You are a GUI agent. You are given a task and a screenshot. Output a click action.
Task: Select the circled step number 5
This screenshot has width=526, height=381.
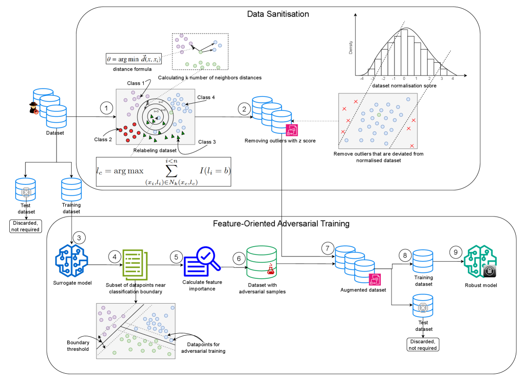click(176, 256)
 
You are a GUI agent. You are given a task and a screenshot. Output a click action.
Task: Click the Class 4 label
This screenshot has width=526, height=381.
click(207, 98)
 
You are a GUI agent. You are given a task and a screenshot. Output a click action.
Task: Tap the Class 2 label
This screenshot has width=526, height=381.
click(103, 140)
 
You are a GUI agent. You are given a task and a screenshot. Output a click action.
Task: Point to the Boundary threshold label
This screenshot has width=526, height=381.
click(78, 345)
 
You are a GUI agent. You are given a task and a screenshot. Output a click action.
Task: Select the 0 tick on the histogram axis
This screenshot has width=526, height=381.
click(404, 78)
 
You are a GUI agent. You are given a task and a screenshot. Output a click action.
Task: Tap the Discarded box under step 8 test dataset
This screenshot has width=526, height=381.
click(422, 345)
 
